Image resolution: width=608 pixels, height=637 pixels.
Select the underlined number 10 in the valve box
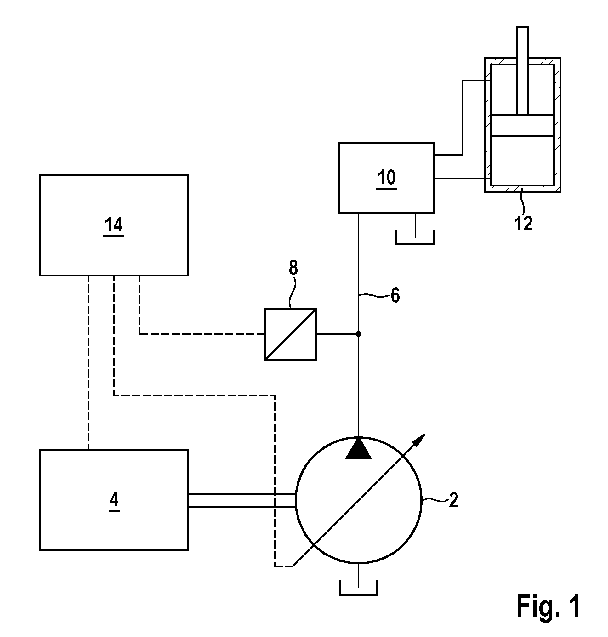387,178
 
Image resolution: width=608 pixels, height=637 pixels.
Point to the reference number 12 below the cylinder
523,224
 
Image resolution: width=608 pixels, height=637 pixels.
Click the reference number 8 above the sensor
293,268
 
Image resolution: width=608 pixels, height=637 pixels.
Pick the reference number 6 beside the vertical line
395,296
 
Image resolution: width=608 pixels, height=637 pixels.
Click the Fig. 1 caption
548,606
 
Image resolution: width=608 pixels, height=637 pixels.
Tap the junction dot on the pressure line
358,334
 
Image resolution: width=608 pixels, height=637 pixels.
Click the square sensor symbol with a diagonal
291,334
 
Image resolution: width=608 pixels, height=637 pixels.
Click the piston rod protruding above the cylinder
523,71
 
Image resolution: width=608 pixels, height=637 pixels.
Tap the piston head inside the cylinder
522,126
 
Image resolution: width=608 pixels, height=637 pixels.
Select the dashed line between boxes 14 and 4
89,363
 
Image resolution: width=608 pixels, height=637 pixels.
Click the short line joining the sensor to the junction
338,334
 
